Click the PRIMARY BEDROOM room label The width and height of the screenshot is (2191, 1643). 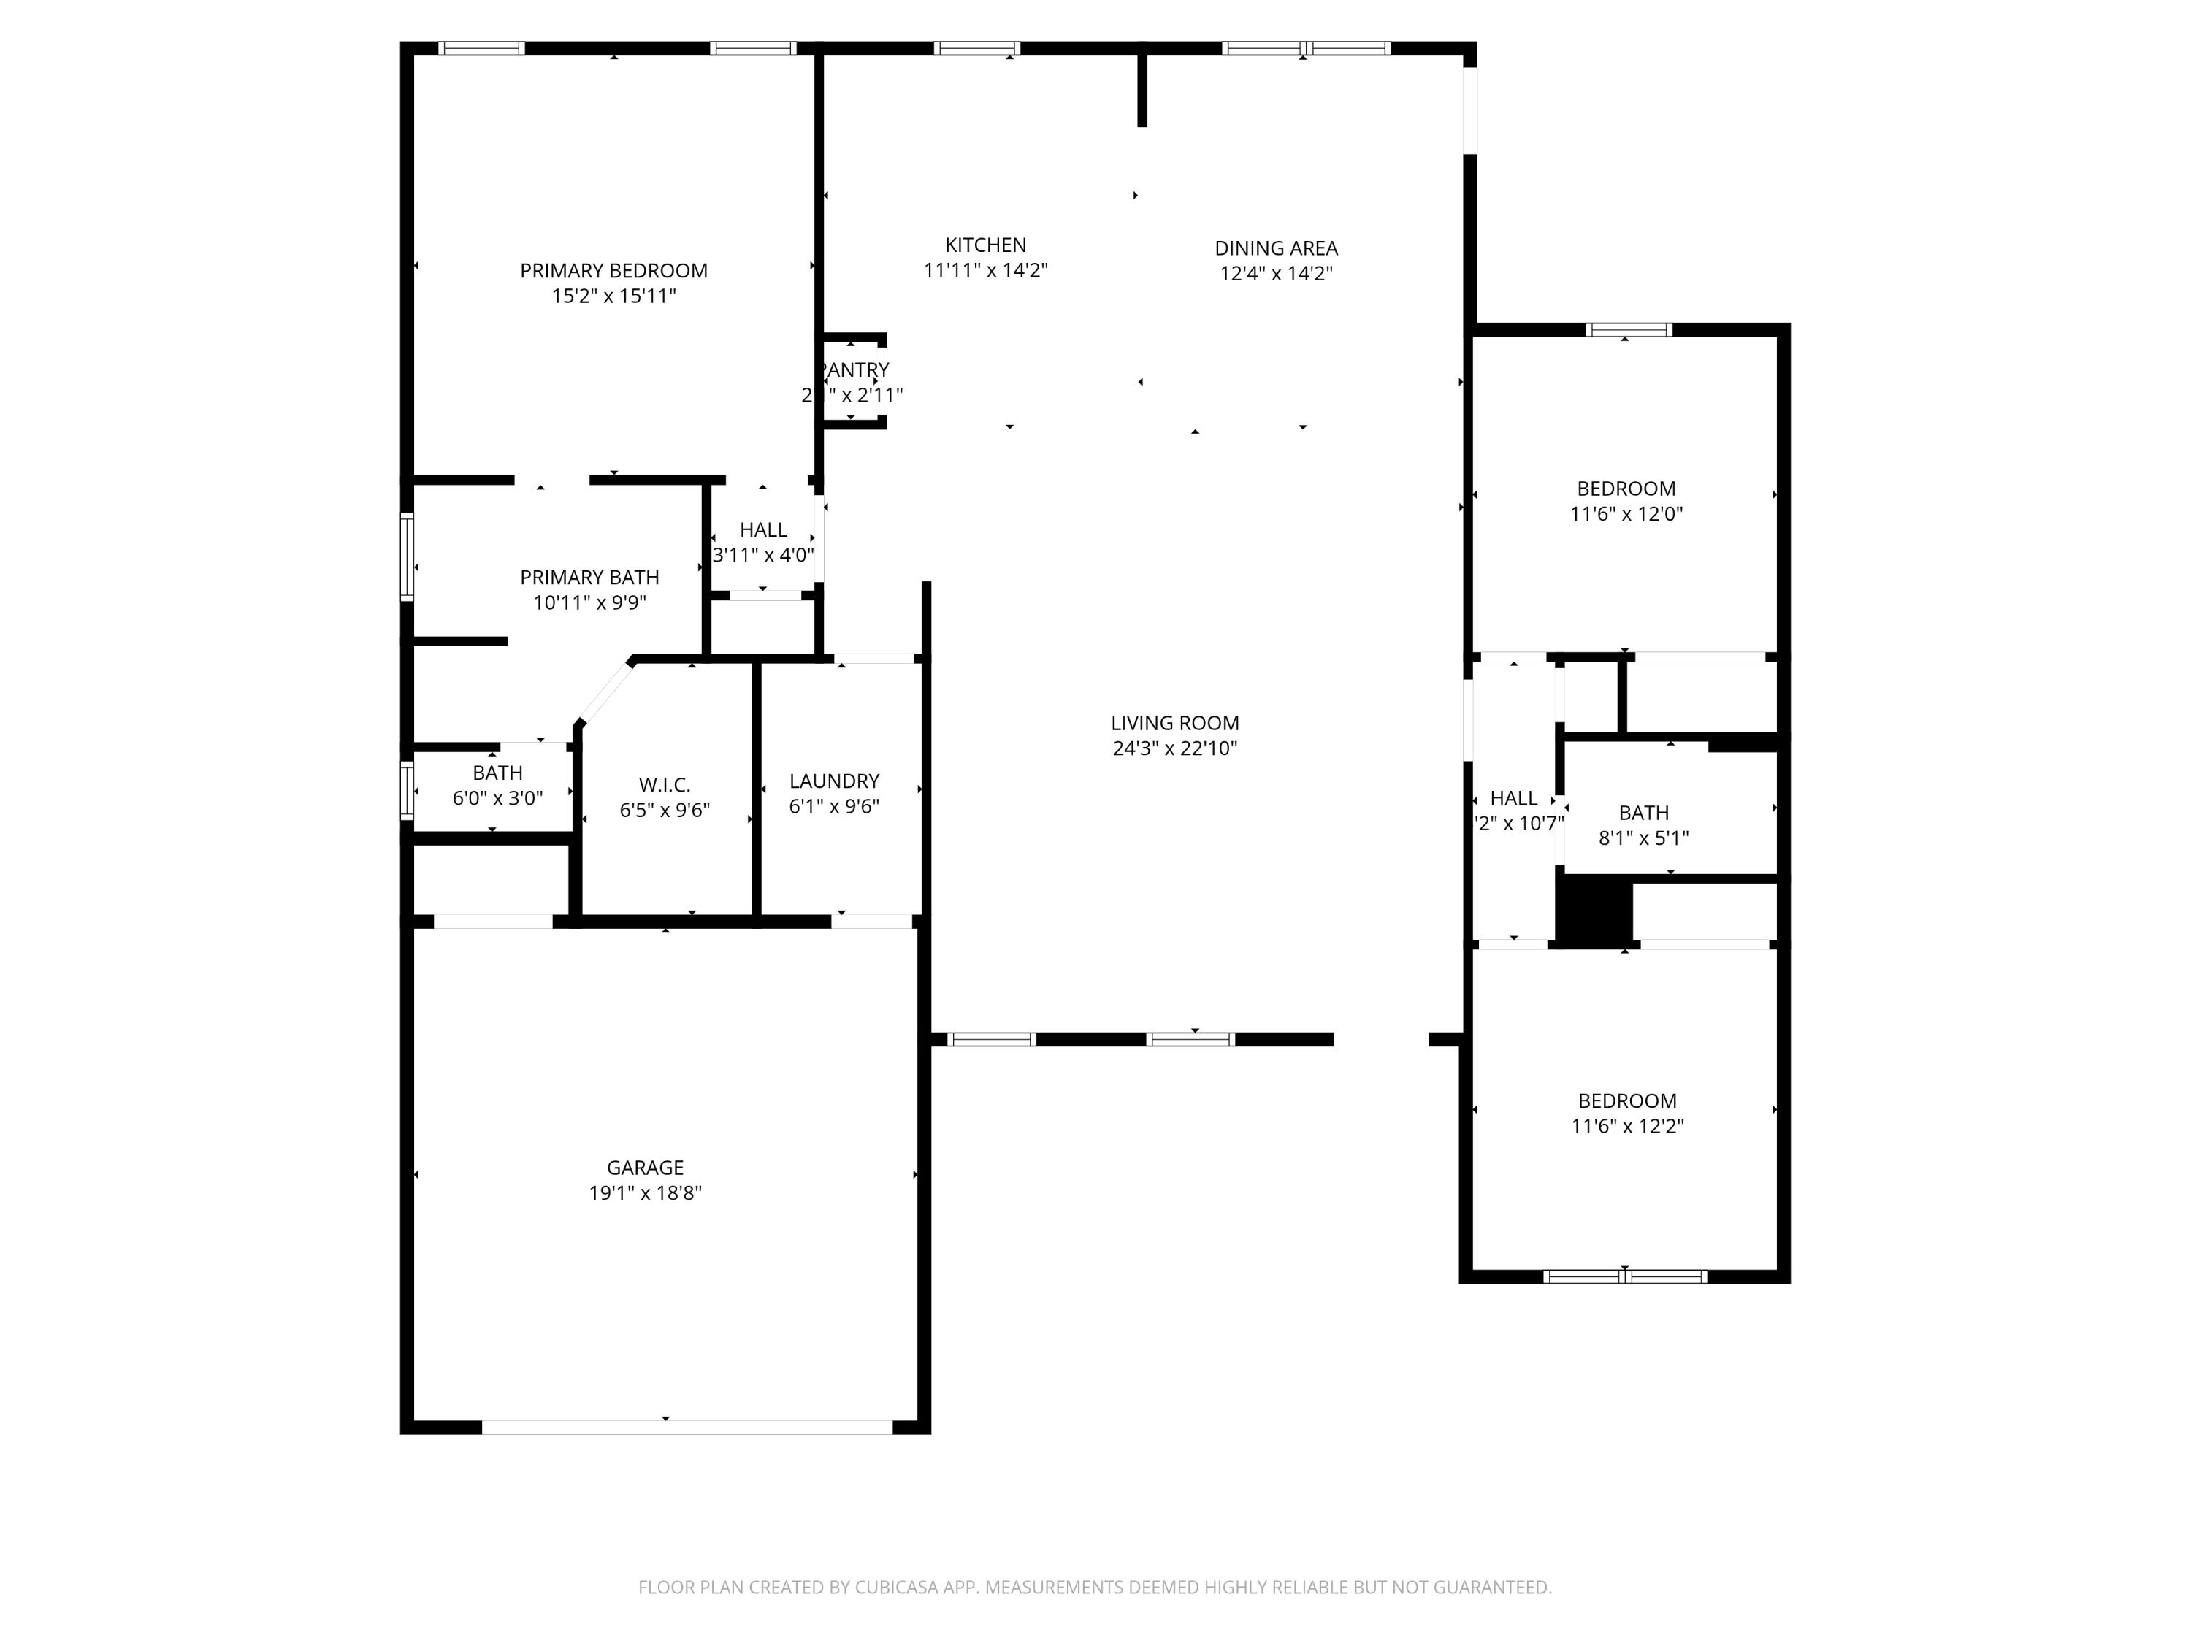pyautogui.click(x=613, y=270)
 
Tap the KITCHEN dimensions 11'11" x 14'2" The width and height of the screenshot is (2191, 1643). pyautogui.click(x=984, y=270)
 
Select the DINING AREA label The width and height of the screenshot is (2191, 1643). pyautogui.click(x=1276, y=248)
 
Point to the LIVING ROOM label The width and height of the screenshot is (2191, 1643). pyautogui.click(x=1174, y=723)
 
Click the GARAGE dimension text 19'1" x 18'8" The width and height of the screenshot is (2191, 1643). pyautogui.click(x=645, y=1192)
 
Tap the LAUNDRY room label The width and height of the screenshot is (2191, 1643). pyautogui.click(x=834, y=781)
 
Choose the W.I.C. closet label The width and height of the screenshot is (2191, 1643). pyautogui.click(x=664, y=784)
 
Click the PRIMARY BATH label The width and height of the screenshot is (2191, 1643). pyautogui.click(x=589, y=578)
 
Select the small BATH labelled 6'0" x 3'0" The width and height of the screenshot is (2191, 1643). pyautogui.click(x=497, y=773)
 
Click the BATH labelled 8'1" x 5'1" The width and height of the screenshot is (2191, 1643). pyautogui.click(x=1643, y=812)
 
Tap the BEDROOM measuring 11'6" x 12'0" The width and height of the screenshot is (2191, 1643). pyautogui.click(x=1626, y=489)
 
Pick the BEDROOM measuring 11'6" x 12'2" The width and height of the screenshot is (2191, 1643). pyautogui.click(x=1626, y=1100)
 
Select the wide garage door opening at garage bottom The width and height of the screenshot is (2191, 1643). pyautogui.click(x=687, y=1427)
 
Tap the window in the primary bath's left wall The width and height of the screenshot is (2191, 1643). pyautogui.click(x=406, y=556)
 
